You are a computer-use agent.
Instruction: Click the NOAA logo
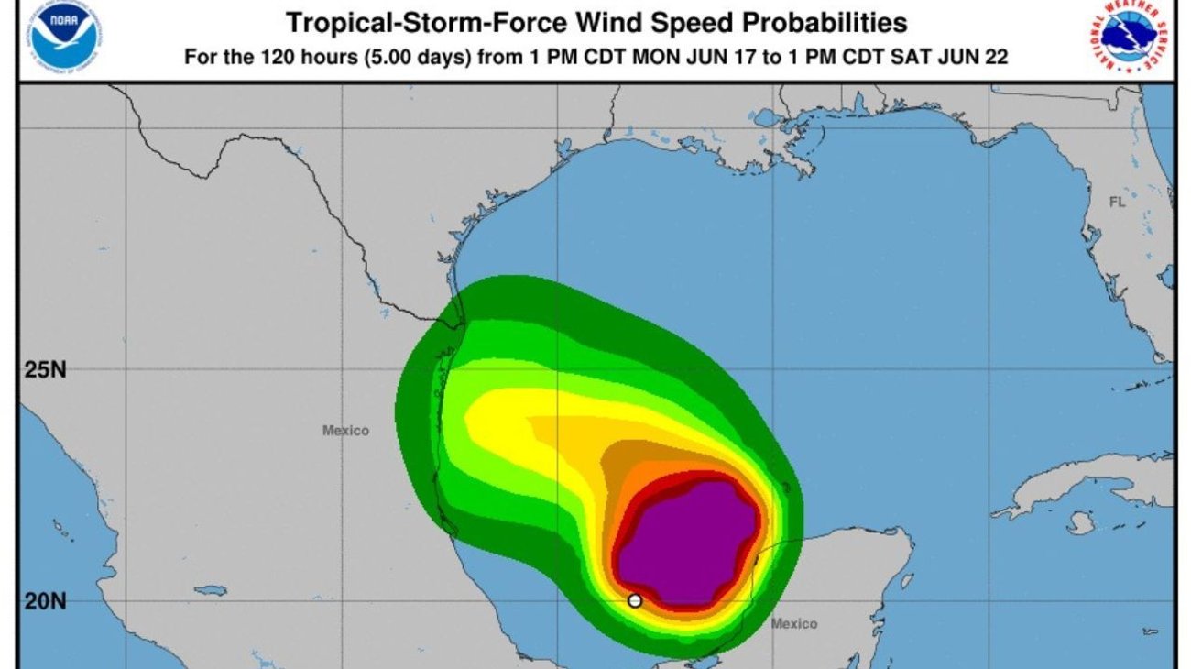click(64, 38)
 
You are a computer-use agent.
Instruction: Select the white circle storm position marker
click(635, 601)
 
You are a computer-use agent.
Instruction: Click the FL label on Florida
click(1116, 203)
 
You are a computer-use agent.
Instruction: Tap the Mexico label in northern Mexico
click(345, 430)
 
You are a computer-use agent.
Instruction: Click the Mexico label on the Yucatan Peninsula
click(793, 624)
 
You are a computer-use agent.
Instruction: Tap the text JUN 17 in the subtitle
click(694, 58)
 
